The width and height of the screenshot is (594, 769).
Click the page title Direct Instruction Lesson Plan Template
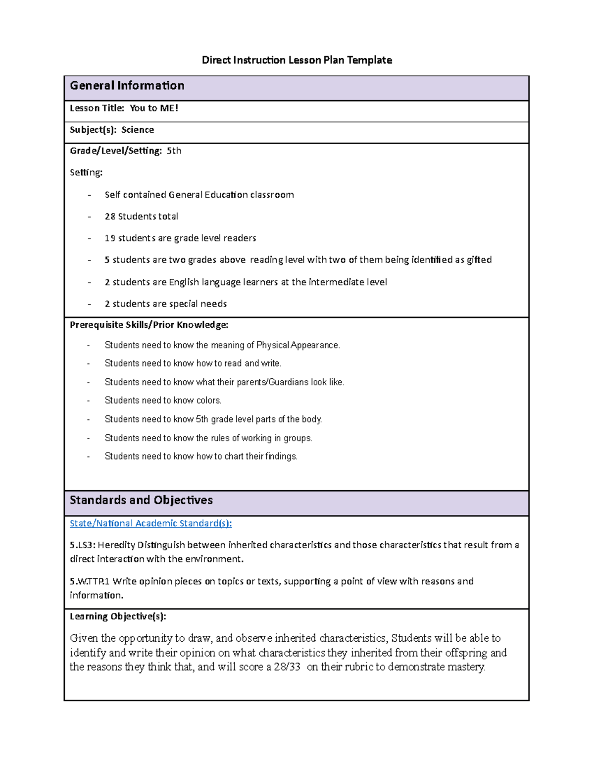tap(297, 60)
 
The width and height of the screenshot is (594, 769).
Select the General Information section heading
tap(127, 86)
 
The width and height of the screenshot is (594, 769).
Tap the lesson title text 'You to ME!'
tap(153, 108)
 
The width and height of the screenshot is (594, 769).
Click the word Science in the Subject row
tap(138, 130)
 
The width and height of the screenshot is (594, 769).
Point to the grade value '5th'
tap(174, 151)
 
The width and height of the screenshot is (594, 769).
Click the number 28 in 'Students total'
tap(110, 216)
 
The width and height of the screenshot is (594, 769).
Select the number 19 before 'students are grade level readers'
tap(110, 238)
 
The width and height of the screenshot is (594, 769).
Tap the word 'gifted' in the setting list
tap(479, 260)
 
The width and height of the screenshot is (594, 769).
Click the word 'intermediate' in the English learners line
tap(336, 282)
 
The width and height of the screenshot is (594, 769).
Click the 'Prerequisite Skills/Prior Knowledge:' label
tap(149, 325)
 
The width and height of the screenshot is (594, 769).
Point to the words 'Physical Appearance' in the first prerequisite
tap(297, 345)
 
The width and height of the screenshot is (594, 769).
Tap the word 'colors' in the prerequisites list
tap(208, 401)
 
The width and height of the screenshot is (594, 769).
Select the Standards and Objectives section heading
tap(141, 500)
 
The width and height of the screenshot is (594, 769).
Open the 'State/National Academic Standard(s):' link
tap(150, 523)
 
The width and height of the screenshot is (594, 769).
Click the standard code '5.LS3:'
tap(83, 545)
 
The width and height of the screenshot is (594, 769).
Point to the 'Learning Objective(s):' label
tap(118, 616)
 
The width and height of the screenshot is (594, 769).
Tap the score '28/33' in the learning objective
tap(287, 667)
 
